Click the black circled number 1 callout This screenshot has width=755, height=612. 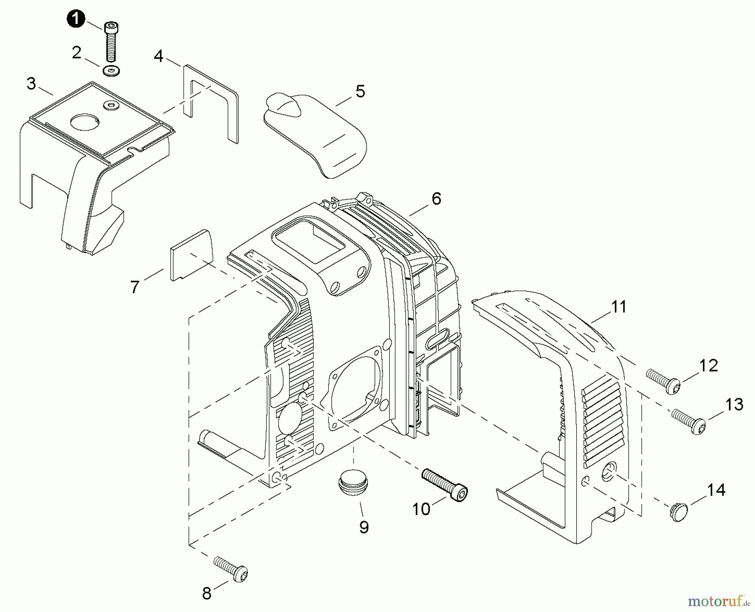(75, 19)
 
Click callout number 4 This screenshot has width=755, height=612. (159, 56)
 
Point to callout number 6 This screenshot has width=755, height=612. (437, 199)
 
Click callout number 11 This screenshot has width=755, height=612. (619, 307)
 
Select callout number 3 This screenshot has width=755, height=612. (31, 84)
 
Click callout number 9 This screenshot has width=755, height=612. (364, 527)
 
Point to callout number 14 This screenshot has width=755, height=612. (716, 490)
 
